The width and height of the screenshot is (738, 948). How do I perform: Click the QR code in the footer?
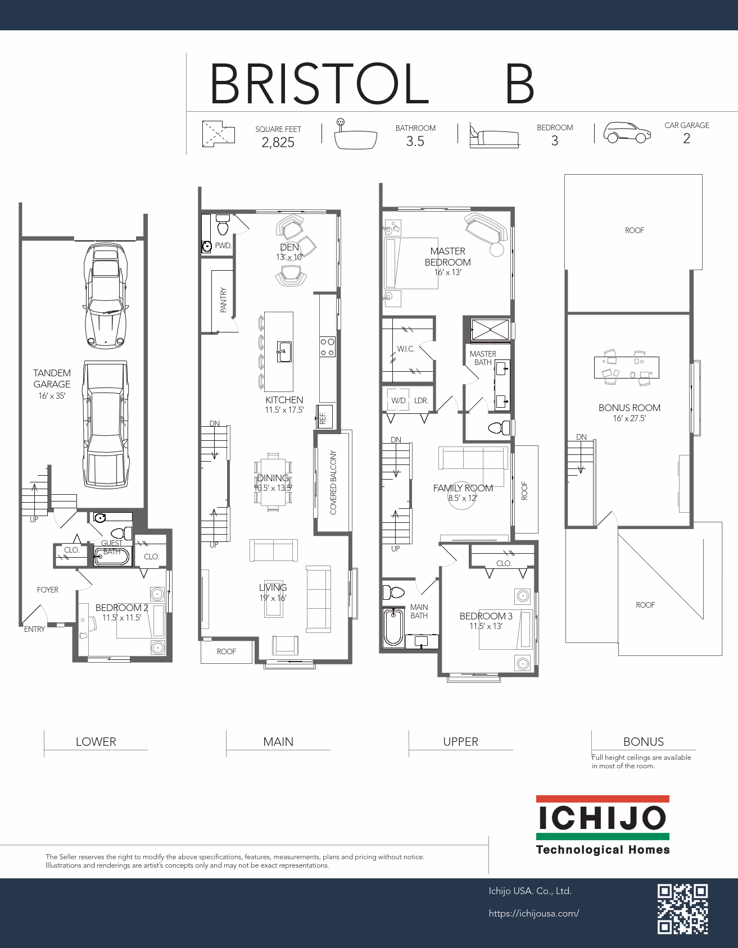coord(682,909)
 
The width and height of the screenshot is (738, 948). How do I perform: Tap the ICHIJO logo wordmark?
coord(603,818)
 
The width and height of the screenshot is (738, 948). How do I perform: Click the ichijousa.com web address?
coord(534,914)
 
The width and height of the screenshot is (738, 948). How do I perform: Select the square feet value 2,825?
coord(278,143)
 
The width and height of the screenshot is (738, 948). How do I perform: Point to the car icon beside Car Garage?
coord(627,133)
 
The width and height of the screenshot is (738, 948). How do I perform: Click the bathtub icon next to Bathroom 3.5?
coord(355,135)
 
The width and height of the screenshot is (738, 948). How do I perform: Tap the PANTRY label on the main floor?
coord(223,300)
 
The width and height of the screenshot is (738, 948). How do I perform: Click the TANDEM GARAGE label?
coord(52,379)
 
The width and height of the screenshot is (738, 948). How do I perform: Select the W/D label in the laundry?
coord(399,400)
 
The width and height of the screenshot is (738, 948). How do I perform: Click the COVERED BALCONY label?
coord(333,482)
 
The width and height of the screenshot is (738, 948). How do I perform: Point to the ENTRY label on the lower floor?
coord(34,629)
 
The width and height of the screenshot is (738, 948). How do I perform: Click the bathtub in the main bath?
coord(393,627)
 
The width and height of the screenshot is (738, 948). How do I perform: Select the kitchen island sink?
coord(284,352)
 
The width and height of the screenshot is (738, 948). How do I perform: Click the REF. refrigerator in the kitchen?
coord(325,416)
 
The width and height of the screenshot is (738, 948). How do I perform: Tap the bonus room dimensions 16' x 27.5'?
coord(630,418)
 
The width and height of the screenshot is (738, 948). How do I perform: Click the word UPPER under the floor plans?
coord(460,742)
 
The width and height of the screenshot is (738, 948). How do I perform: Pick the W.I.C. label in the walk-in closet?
coord(406,349)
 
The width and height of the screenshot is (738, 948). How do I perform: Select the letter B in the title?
coord(519,84)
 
